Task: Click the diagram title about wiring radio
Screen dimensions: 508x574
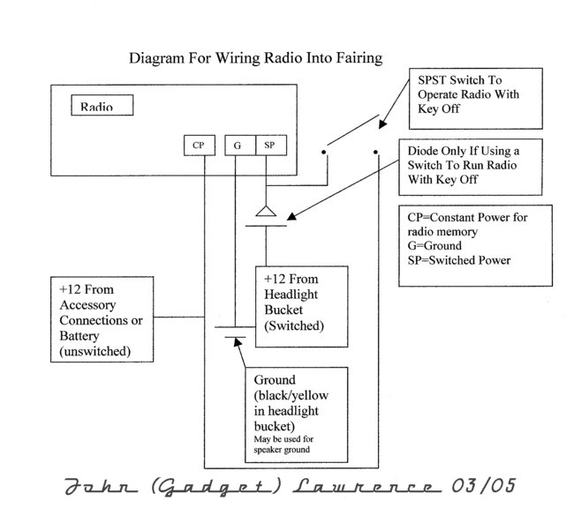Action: pos(255,59)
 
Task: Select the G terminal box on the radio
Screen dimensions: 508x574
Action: pos(238,146)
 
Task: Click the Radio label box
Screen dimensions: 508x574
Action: pos(102,106)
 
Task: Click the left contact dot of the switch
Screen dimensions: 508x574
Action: pos(324,151)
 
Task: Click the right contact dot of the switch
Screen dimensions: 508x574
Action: pos(377,151)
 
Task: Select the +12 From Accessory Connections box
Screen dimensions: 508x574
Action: pos(100,320)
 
